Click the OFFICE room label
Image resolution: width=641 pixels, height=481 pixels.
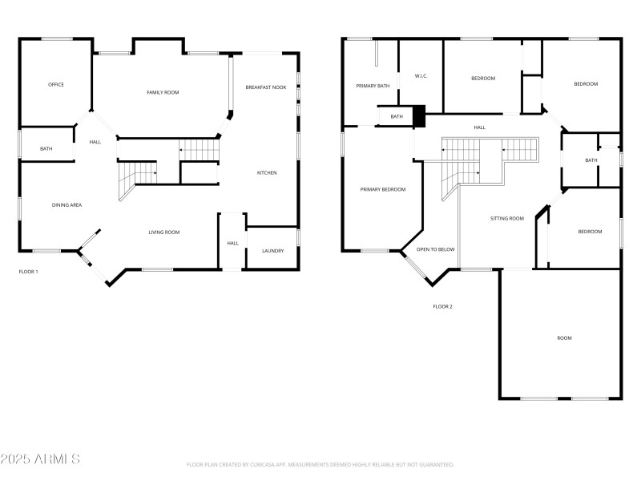coord(55,84)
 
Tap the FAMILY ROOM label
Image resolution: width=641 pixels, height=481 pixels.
coord(163,93)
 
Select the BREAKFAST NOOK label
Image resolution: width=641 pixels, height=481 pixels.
coord(266,87)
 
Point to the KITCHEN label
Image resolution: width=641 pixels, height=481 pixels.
coord(267,173)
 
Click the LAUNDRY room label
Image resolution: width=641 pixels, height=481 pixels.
coord(272,251)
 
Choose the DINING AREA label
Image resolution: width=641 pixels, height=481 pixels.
coord(67,205)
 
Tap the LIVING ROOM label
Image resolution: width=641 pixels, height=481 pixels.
coord(163,232)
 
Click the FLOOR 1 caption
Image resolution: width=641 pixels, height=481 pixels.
coord(29,272)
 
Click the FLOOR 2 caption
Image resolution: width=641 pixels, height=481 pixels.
coord(443,306)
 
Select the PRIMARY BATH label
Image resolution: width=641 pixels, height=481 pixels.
coord(373,86)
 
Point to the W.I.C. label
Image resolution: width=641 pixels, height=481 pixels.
coord(422,76)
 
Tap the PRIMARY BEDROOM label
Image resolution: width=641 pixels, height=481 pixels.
coord(382,190)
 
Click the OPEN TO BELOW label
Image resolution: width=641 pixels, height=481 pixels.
coord(436,249)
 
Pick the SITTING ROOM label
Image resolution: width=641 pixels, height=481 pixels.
coord(507,218)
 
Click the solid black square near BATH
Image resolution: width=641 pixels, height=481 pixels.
coord(417,117)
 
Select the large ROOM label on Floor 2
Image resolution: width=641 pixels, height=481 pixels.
coord(565,338)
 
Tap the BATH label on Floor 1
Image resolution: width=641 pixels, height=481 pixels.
coord(46,148)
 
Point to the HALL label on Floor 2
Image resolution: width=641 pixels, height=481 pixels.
coord(479,127)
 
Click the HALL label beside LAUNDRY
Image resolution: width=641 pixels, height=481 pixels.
coord(232,244)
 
